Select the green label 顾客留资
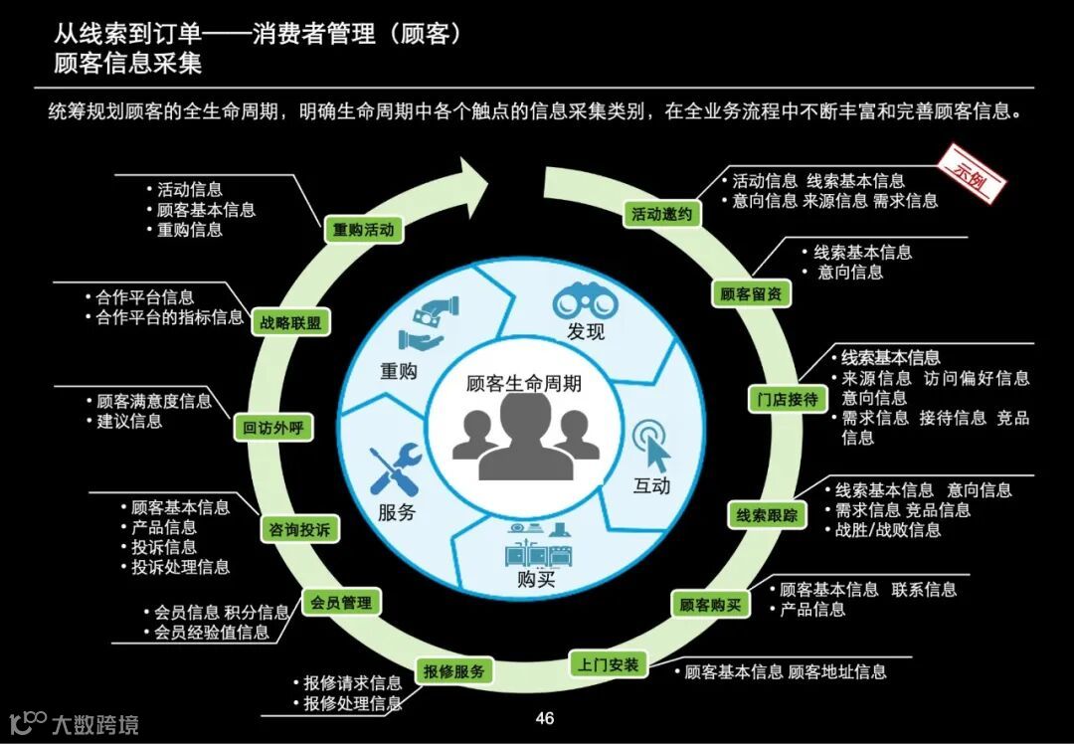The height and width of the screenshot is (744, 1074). (x=751, y=294)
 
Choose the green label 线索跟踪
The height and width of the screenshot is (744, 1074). (x=767, y=515)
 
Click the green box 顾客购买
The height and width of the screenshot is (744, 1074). (x=710, y=604)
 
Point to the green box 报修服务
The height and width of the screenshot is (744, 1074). (x=454, y=671)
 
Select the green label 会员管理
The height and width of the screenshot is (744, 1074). (x=341, y=603)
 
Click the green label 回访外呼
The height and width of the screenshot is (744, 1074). (x=272, y=430)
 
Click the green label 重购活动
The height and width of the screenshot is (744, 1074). (x=363, y=230)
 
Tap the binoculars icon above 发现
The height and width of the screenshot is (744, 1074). (x=586, y=299)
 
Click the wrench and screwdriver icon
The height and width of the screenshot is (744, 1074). (x=395, y=470)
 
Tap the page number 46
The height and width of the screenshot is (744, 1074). (x=544, y=718)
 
